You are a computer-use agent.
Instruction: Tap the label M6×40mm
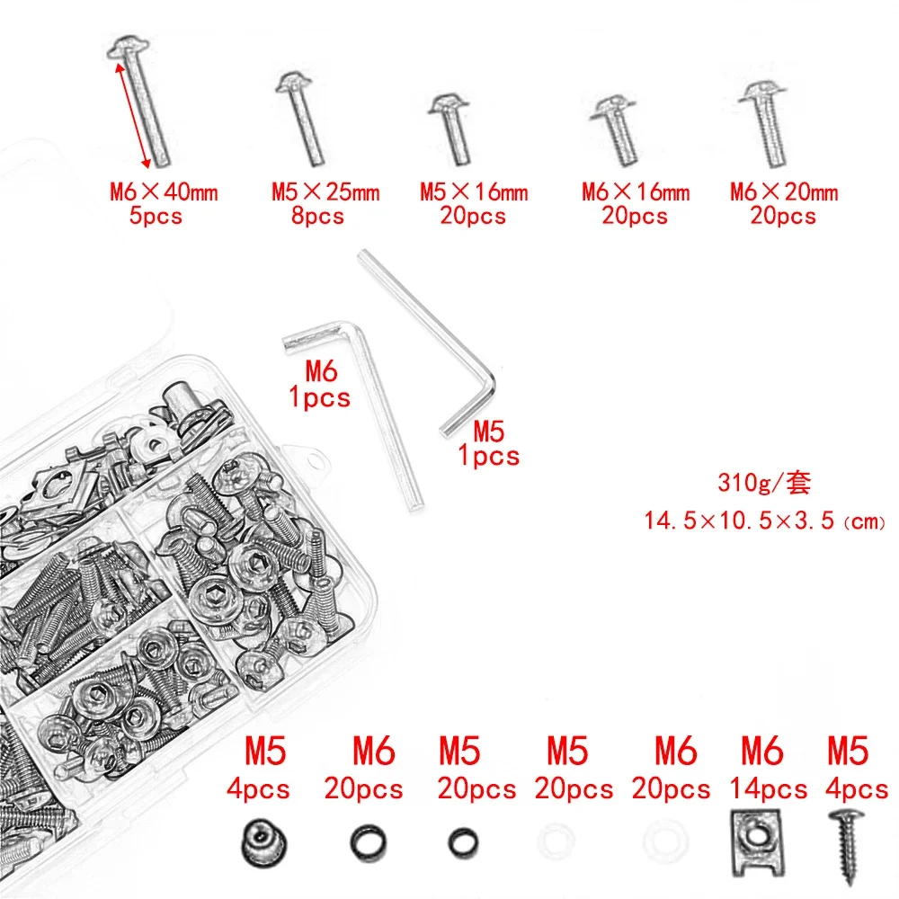(x=164, y=191)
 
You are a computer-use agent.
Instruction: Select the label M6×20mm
(x=783, y=191)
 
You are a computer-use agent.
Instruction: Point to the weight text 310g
(x=763, y=483)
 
